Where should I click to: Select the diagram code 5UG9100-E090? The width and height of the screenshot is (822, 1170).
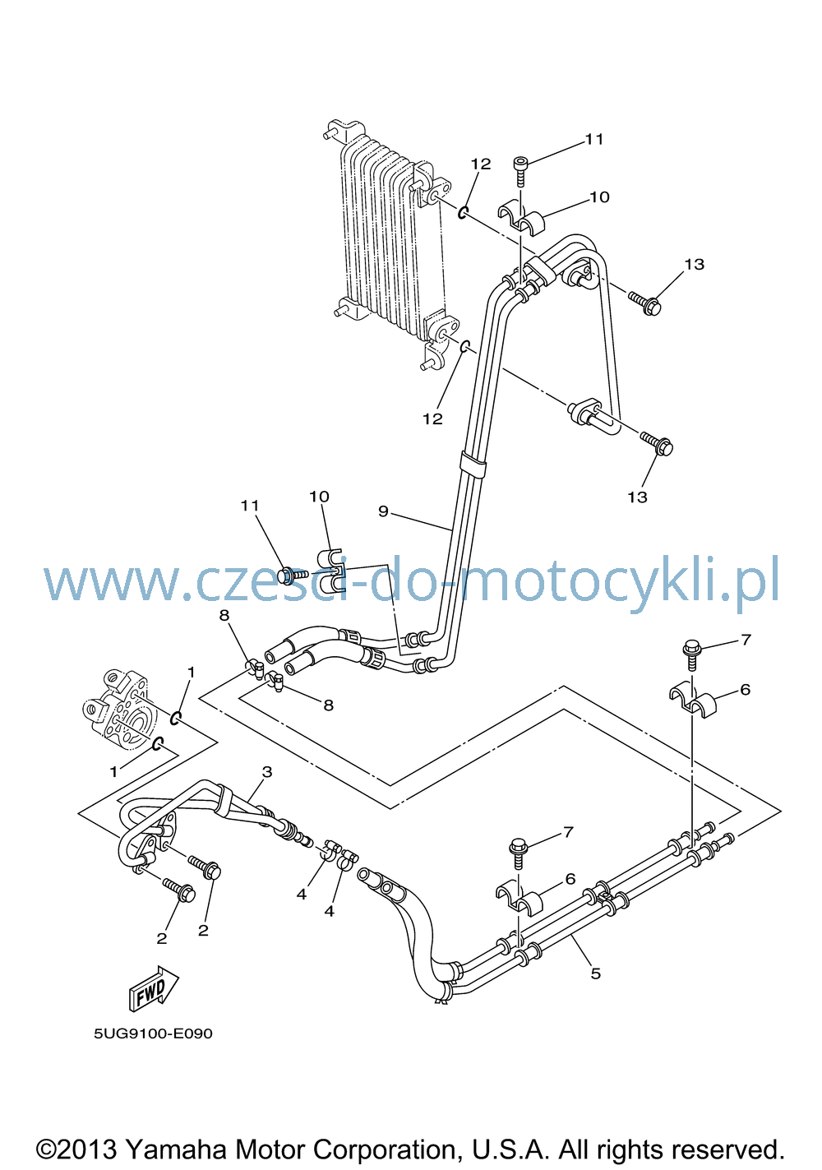[x=153, y=1034]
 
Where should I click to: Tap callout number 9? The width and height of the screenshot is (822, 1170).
[x=383, y=511]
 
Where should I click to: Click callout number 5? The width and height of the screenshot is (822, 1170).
[x=596, y=973]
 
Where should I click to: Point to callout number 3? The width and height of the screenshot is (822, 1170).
[x=267, y=771]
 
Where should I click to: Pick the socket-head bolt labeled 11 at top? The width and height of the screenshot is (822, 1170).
[x=520, y=171]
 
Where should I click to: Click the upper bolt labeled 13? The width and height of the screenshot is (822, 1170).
[x=645, y=303]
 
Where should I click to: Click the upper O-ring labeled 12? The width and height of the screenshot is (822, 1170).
[x=463, y=213]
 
